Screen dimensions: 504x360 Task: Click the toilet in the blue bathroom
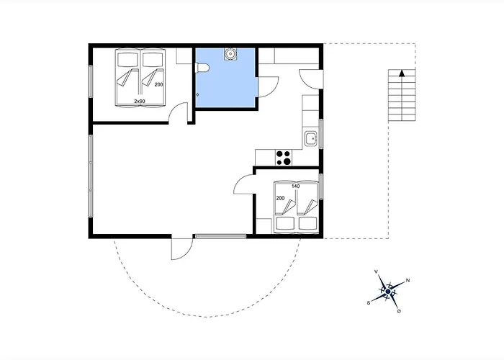pyautogui.click(x=202, y=68)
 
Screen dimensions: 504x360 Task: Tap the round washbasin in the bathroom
pyautogui.click(x=230, y=54)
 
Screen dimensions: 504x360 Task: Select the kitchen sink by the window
pyautogui.click(x=311, y=139)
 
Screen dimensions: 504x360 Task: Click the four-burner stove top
pyautogui.click(x=284, y=158)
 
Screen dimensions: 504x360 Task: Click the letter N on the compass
pyautogui.click(x=408, y=280)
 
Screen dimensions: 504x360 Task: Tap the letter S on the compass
pyautogui.click(x=369, y=303)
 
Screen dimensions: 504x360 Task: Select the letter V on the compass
pyautogui.click(x=376, y=272)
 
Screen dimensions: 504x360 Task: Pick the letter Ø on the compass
pyautogui.click(x=399, y=311)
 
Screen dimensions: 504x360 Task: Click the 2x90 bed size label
pyautogui.click(x=140, y=101)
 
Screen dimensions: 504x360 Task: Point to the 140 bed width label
pyautogui.click(x=296, y=186)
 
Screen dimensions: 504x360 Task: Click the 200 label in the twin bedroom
pyautogui.click(x=159, y=84)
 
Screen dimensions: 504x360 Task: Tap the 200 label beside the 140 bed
pyautogui.click(x=280, y=198)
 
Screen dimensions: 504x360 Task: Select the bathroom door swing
pyautogui.click(x=269, y=87)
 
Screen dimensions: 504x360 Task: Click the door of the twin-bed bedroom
pyautogui.click(x=178, y=112)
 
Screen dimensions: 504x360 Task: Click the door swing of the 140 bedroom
pyautogui.click(x=244, y=184)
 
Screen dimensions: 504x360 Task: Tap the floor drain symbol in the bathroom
pyautogui.click(x=197, y=94)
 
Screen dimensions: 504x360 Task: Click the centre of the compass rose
pyautogui.click(x=388, y=292)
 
